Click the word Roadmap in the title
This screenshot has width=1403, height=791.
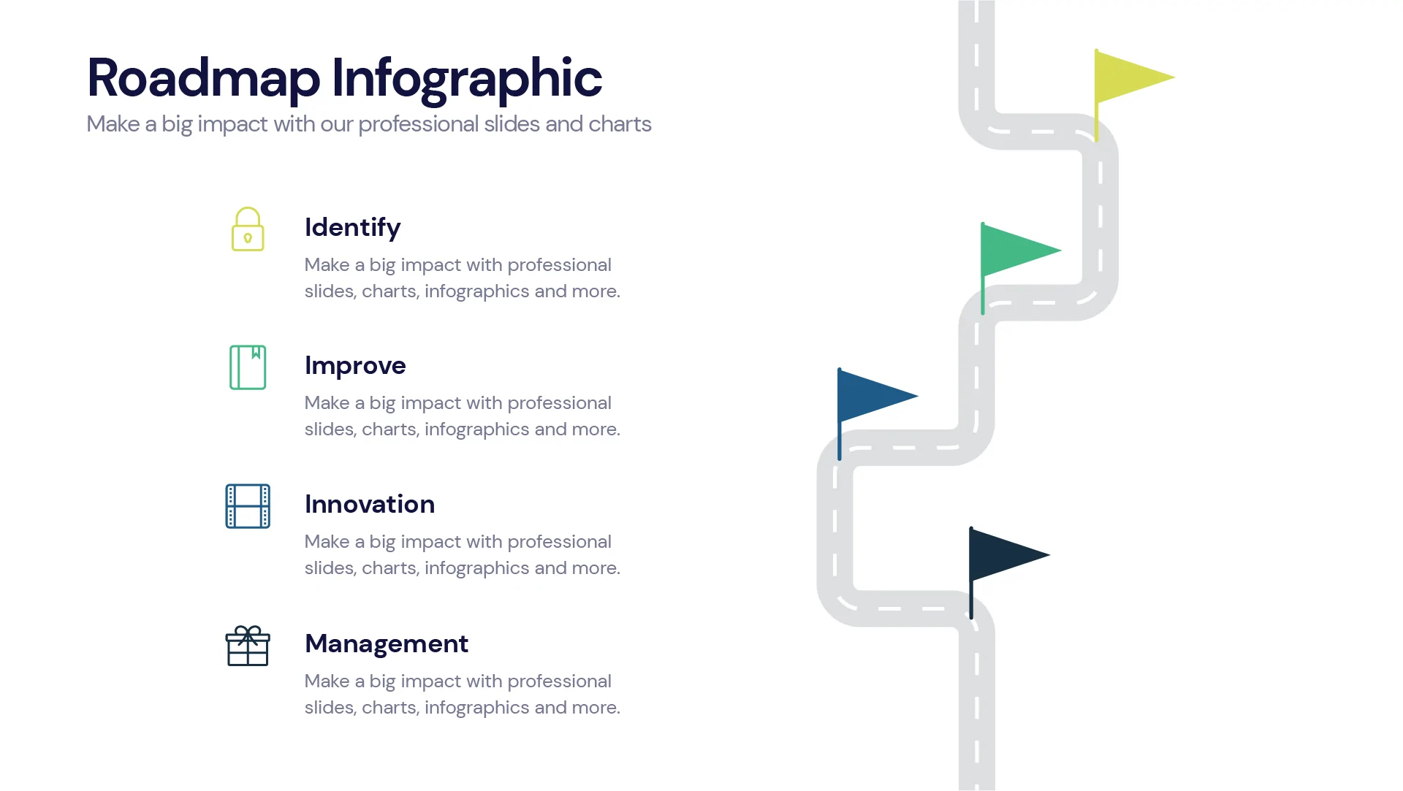click(203, 77)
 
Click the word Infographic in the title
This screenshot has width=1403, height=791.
click(466, 77)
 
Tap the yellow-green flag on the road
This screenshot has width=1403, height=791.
click(1129, 77)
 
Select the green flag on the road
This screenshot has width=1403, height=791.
click(1015, 251)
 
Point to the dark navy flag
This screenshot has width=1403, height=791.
click(1004, 554)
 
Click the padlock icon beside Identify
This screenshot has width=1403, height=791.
click(248, 229)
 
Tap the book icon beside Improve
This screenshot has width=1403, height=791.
click(248, 367)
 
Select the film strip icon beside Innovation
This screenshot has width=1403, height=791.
click(248, 506)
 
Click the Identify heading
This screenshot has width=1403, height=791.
click(352, 228)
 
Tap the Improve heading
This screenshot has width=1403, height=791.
click(355, 365)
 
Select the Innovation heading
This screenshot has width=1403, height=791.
click(370, 504)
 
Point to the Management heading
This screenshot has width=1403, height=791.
click(387, 643)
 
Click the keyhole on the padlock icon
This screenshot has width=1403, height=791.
click(248, 238)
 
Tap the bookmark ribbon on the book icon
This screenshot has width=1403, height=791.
click(256, 353)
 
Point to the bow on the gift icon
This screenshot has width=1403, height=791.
click(248, 631)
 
